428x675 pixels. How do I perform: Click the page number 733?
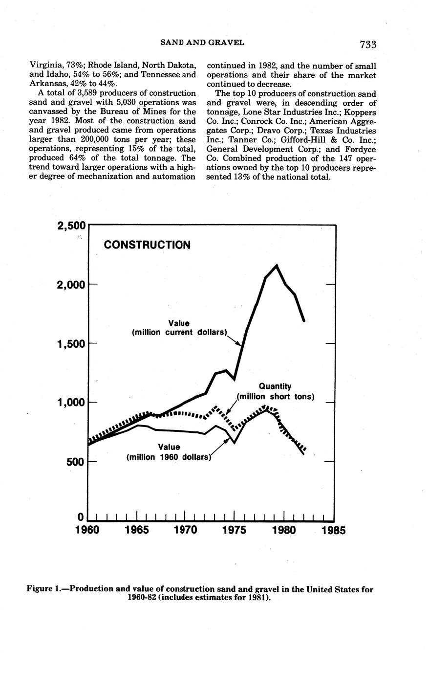[x=367, y=45]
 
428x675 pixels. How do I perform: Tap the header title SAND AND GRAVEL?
[x=202, y=43]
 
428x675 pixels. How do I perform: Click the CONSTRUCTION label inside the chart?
[x=147, y=245]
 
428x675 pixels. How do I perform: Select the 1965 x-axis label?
[x=137, y=530]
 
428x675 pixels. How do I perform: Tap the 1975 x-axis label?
[x=235, y=530]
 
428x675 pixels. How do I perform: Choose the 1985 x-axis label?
[x=334, y=530]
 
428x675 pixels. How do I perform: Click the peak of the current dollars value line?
[x=277, y=265]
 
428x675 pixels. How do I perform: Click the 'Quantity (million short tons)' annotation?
[x=275, y=391]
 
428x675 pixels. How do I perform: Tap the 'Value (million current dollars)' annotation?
[x=179, y=328]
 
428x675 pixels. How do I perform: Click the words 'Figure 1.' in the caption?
[x=46, y=589]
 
